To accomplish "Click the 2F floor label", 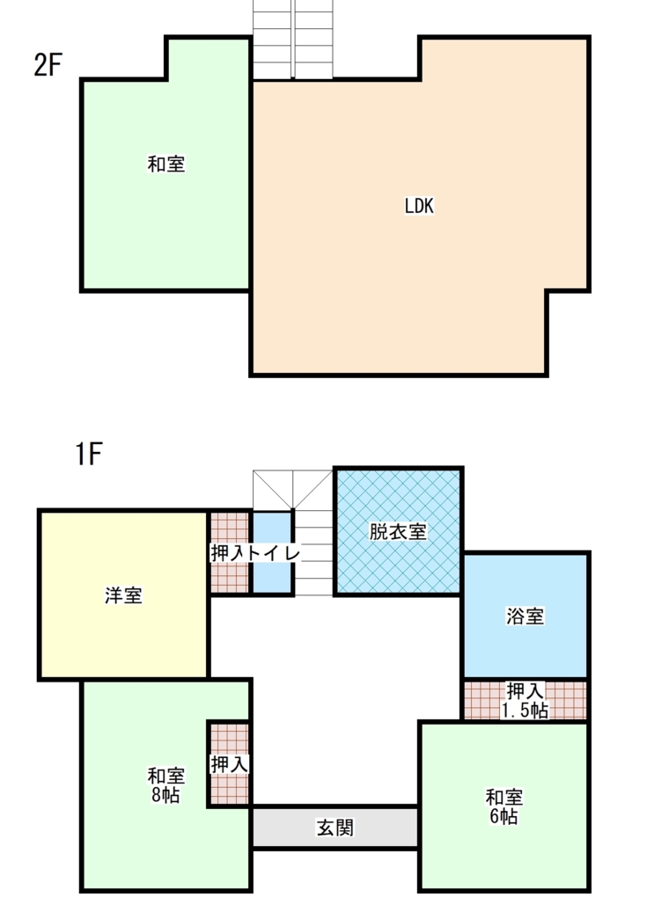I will coord(48,66).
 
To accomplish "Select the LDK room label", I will coord(420,206).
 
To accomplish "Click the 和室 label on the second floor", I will coord(166,164).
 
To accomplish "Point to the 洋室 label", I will coord(123,595).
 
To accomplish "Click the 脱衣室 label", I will coord(398,532).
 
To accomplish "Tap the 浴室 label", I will coord(525,616).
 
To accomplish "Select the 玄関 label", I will coord(334,828).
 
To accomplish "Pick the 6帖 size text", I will coord(504,817).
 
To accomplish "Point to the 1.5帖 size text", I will coord(525,711).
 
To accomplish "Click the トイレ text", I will coord(274,553).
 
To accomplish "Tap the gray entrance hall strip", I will coord(334,828).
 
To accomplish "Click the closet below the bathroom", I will coord(525,700).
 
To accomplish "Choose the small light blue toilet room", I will coord(273,576).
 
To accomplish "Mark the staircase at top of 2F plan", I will coord(293,40).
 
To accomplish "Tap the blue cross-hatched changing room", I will coord(398,563).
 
